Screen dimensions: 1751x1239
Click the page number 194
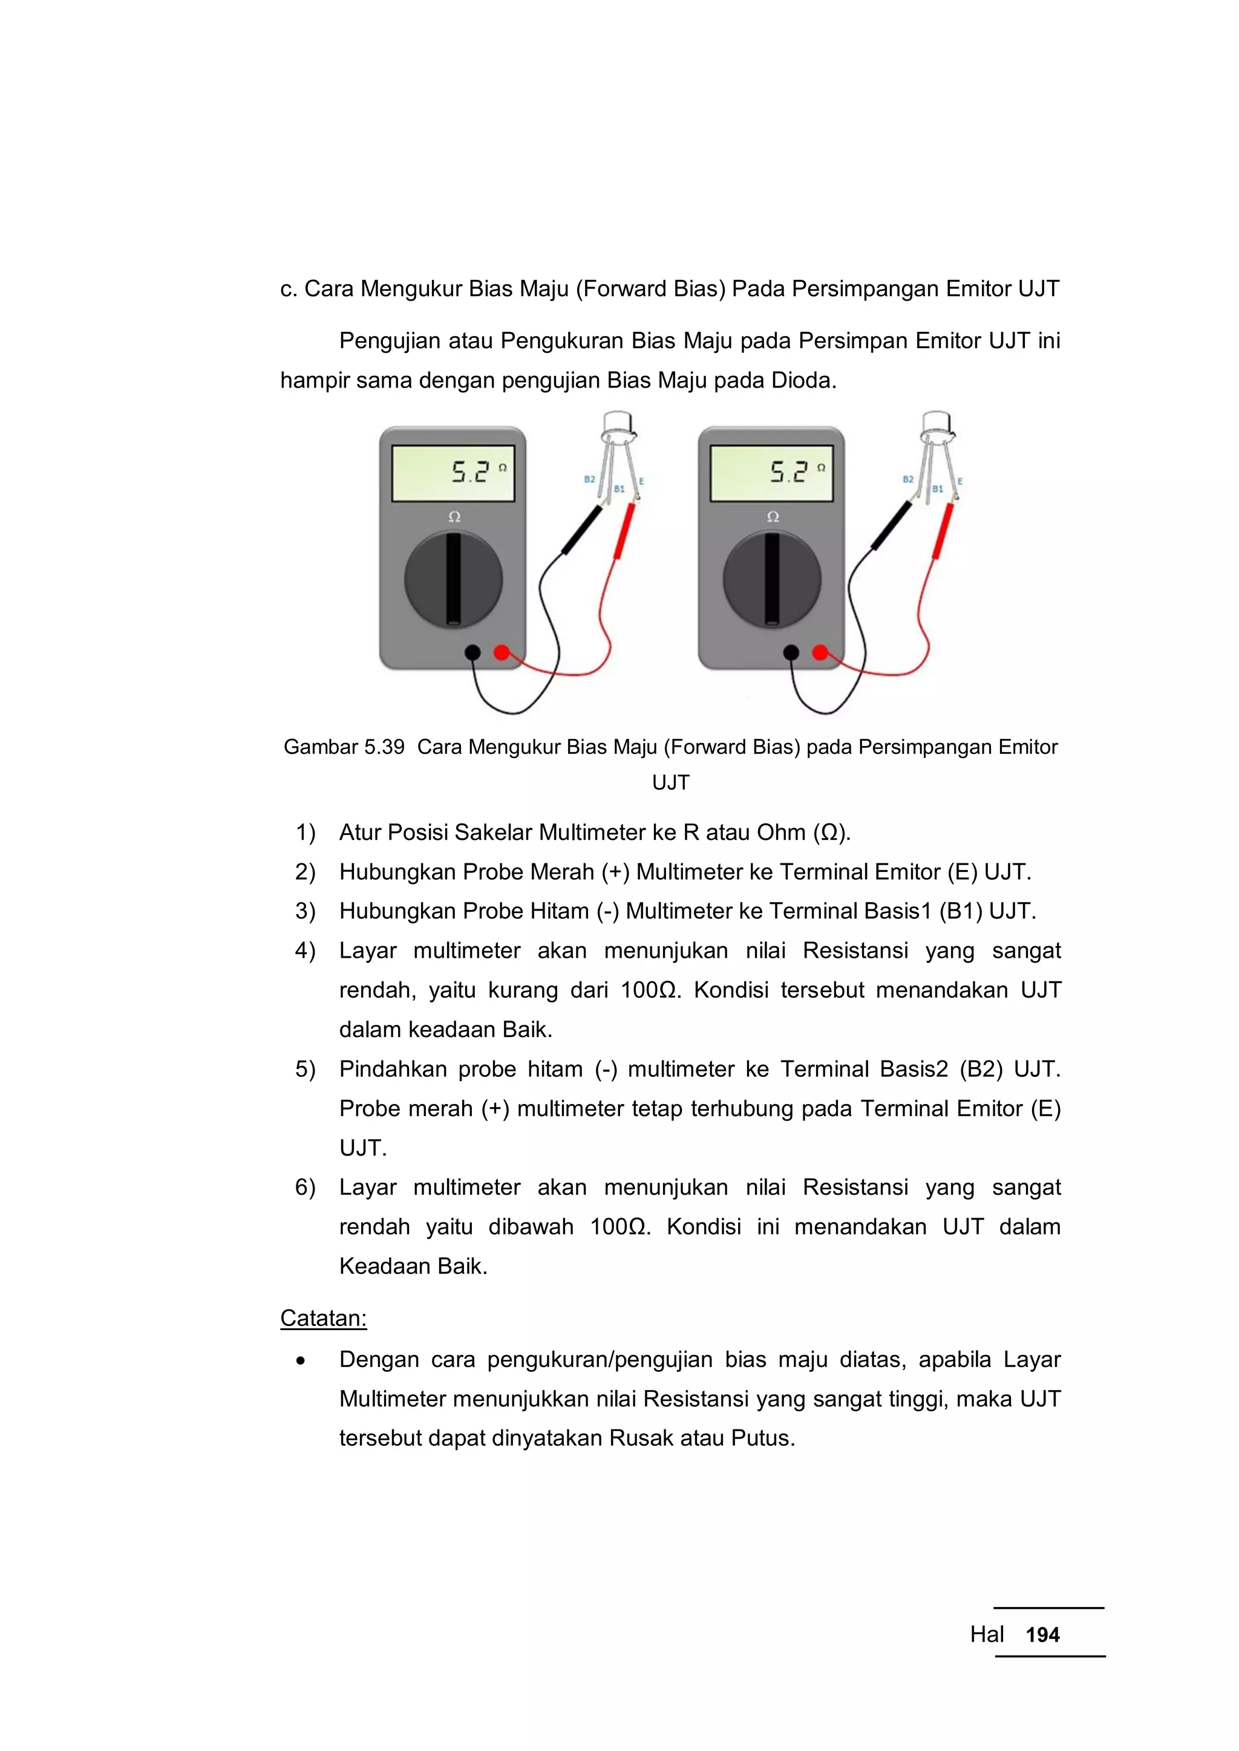[x=1042, y=1634]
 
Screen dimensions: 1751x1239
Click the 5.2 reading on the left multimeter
[x=470, y=472]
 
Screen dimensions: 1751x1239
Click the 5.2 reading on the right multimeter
[x=788, y=472]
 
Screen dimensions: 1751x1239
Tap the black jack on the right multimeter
[x=791, y=652]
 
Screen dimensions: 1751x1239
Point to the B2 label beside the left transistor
[x=589, y=479]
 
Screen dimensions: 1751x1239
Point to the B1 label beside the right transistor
[x=938, y=489]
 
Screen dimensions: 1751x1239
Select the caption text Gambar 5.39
[x=344, y=747]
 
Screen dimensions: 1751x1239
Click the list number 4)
[x=305, y=950]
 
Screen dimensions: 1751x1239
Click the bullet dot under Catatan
[x=301, y=1360]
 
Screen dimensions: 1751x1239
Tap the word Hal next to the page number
[x=987, y=1634]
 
